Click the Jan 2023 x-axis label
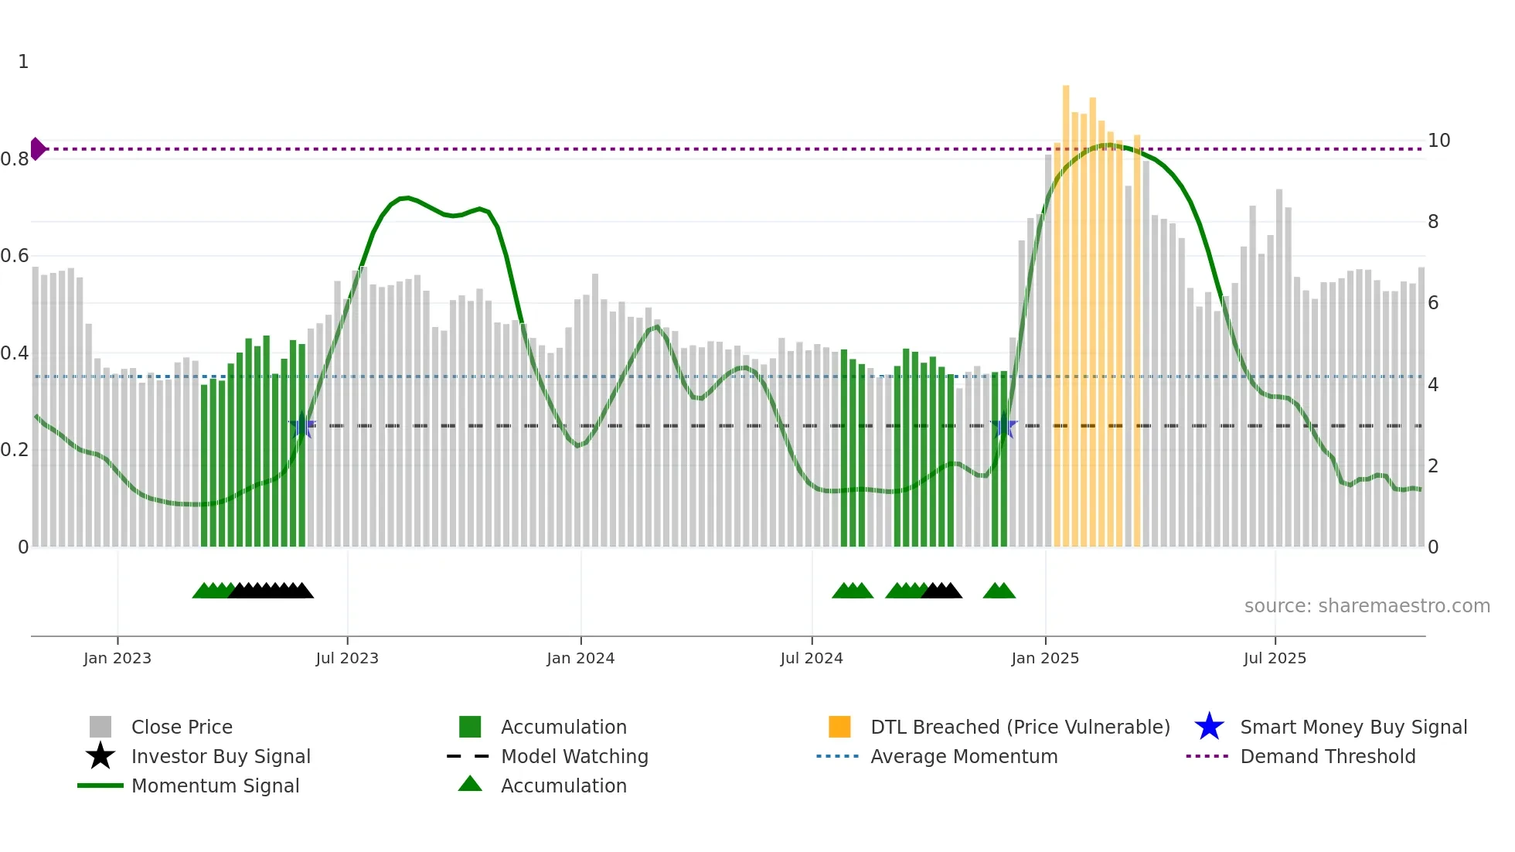point(117,658)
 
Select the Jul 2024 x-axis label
point(812,658)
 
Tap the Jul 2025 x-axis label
point(1275,658)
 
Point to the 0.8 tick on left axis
point(15,159)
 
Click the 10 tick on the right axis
point(1438,141)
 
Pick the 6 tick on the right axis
point(1433,303)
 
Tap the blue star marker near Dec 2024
point(1003,425)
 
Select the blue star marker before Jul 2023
point(302,425)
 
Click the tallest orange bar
point(1066,309)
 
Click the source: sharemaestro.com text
point(1367,606)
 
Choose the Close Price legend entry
point(182,727)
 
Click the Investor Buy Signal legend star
point(100,756)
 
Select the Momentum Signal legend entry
point(215,786)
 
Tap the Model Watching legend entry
point(574,756)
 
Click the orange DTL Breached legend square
point(839,727)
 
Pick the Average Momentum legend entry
point(964,756)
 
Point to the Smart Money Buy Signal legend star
point(1209,727)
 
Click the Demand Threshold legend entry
point(1327,756)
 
